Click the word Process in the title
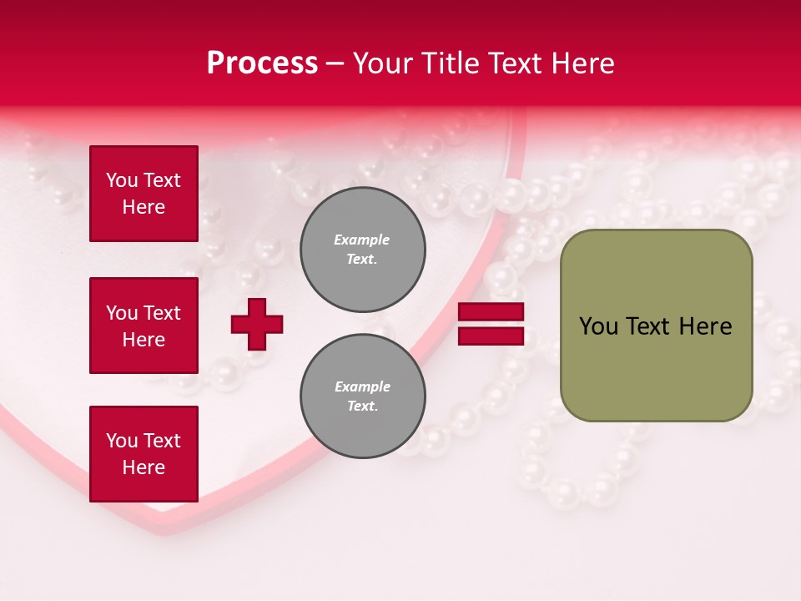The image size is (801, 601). coord(262,63)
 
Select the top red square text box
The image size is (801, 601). coord(144,194)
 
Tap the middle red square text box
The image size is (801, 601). coord(144,326)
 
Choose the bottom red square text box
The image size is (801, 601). coord(144,454)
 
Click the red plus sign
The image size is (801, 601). coord(257,324)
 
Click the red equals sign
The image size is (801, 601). coord(491,324)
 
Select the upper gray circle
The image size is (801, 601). coord(363,250)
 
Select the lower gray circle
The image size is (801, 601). coord(363,396)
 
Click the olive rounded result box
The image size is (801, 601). coord(656,326)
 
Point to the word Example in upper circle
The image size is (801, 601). coord(361,240)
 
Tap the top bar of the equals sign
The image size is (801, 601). coord(491,312)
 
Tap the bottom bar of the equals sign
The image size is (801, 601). coord(491,336)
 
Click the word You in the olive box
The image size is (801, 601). coord(597,326)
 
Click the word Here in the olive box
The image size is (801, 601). coord(705,326)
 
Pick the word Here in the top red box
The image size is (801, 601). coord(144,207)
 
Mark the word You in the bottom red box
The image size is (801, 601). coord(122,441)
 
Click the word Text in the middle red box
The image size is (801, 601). coord(162,313)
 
